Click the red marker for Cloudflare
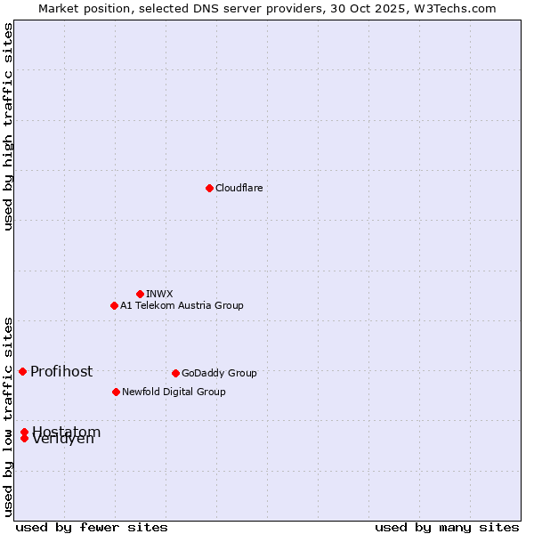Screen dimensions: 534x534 click(x=209, y=188)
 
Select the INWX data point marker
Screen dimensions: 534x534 click(x=140, y=294)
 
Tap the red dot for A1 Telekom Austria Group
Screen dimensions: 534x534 click(x=114, y=305)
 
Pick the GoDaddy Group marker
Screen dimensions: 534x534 click(x=175, y=373)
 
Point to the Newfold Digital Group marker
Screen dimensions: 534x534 click(x=116, y=392)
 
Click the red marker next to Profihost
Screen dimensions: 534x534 click(x=22, y=371)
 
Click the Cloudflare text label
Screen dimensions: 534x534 click(x=239, y=188)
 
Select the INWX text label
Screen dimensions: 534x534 click(x=159, y=294)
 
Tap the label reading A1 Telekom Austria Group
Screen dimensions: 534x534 click(x=182, y=305)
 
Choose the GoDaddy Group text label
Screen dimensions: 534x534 click(x=219, y=373)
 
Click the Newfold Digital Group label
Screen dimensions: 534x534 click(x=174, y=392)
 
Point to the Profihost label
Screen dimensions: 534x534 click(x=61, y=371)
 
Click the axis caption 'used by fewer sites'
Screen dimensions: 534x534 click(x=92, y=527)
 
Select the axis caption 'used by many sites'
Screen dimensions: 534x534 click(x=447, y=527)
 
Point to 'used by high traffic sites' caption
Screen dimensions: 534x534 click(x=8, y=126)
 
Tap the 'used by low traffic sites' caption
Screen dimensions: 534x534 click(x=8, y=416)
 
